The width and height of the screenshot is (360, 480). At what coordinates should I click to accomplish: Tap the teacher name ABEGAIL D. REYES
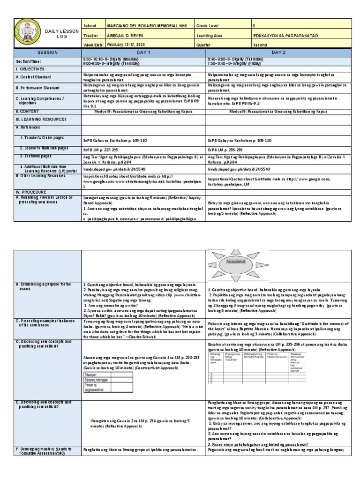click(123, 35)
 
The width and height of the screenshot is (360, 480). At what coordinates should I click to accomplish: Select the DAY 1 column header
click(143, 52)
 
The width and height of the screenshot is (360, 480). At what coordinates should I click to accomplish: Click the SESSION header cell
click(47, 52)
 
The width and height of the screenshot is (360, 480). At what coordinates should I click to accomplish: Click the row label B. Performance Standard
click(40, 88)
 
